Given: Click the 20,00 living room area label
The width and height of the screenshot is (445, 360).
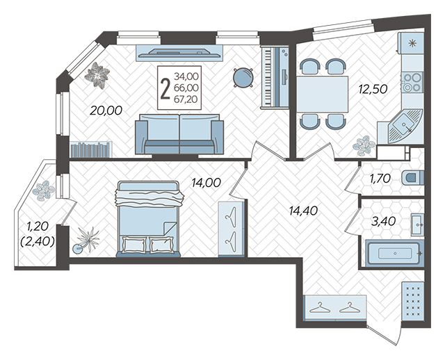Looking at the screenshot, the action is pos(106,111).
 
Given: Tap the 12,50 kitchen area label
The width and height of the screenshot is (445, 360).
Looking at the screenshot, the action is pos(373,90).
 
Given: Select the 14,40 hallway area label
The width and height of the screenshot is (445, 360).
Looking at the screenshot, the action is pos(303,211).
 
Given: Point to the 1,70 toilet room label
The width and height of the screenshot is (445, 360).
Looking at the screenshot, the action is pos(380,179).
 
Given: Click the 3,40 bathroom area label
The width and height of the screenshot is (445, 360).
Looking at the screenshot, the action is pos(383,221).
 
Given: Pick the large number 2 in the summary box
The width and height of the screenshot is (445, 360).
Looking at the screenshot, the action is pos(165,88).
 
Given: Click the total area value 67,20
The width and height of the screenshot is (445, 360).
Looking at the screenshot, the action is pos(186,99).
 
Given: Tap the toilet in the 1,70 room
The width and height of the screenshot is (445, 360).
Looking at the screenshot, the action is pos(413,178).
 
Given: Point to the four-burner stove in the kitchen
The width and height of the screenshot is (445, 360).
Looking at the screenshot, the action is pos(412,82).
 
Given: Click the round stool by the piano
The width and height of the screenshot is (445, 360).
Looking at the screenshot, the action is pos(243,77).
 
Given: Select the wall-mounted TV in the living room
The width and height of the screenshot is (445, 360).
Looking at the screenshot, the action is pos(179,53).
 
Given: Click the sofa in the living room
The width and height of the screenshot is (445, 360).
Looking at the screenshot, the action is pos(179,134).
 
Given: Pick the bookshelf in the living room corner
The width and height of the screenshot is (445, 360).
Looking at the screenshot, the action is pos(91,149).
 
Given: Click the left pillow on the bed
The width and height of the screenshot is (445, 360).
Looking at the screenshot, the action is pos(134,245).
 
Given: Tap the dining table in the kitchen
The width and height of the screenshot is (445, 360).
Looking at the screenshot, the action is pos(322,95).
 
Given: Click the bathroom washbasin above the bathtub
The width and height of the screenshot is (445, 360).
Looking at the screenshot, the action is pos(417,224).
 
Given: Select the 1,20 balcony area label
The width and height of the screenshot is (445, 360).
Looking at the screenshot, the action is pos(38,227).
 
